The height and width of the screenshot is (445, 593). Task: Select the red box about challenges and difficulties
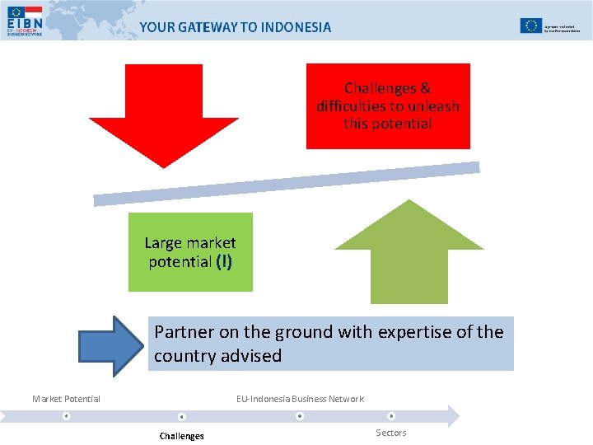click(x=388, y=106)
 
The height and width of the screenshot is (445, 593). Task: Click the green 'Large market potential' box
click(x=190, y=252)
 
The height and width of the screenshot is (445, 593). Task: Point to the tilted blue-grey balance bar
click(x=286, y=183)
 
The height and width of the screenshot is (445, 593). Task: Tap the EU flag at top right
click(x=530, y=26)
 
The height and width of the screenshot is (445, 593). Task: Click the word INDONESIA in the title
click(x=296, y=27)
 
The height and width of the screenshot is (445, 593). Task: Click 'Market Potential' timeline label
click(x=66, y=399)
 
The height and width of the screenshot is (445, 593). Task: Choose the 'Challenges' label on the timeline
click(x=181, y=436)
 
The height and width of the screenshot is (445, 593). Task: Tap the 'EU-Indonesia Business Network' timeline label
click(x=300, y=399)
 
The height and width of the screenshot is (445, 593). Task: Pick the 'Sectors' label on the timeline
click(x=391, y=433)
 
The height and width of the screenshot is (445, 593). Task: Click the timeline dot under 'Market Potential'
click(x=66, y=416)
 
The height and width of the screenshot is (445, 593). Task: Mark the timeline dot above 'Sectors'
click(x=391, y=416)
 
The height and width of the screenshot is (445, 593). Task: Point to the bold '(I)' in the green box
click(x=224, y=262)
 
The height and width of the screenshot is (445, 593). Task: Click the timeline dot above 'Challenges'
click(x=181, y=417)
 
